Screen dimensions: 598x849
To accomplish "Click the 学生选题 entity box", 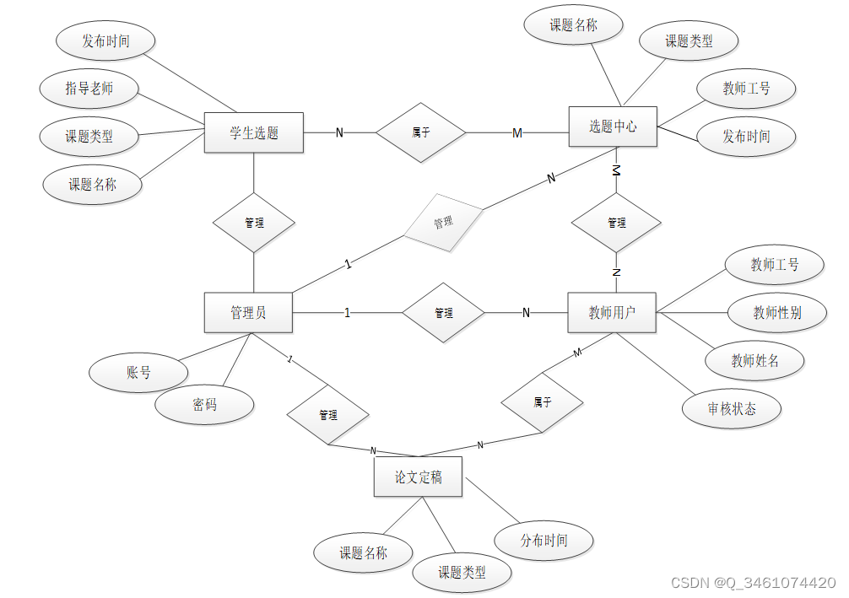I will click(254, 132).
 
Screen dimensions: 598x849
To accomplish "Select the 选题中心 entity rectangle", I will click(613, 127).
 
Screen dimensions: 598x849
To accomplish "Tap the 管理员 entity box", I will click(248, 312).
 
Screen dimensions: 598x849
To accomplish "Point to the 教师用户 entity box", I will click(612, 312).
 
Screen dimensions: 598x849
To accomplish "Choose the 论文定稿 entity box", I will click(418, 477).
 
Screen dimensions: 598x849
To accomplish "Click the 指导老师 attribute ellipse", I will click(89, 88).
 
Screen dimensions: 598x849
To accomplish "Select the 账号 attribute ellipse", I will click(138, 372).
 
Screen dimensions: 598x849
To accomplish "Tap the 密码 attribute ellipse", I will click(204, 405).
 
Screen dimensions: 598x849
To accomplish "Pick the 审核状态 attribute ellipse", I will click(732, 409).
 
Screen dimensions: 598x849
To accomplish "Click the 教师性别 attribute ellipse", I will click(777, 313).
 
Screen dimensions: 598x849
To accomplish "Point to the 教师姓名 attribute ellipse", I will click(755, 360).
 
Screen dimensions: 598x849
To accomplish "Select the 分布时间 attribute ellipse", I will click(544, 541).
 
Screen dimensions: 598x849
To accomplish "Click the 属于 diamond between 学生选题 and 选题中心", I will click(420, 132).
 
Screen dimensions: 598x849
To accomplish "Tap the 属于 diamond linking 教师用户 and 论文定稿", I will click(542, 402).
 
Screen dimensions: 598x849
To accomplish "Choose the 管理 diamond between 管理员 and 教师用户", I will click(443, 312).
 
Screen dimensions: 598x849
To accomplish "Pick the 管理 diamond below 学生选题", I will click(254, 223).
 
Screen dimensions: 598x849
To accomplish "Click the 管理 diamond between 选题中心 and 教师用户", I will click(616, 223).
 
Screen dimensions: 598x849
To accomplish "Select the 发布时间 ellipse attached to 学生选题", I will click(105, 40).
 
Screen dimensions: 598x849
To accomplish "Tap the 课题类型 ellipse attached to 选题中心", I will click(689, 40).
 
